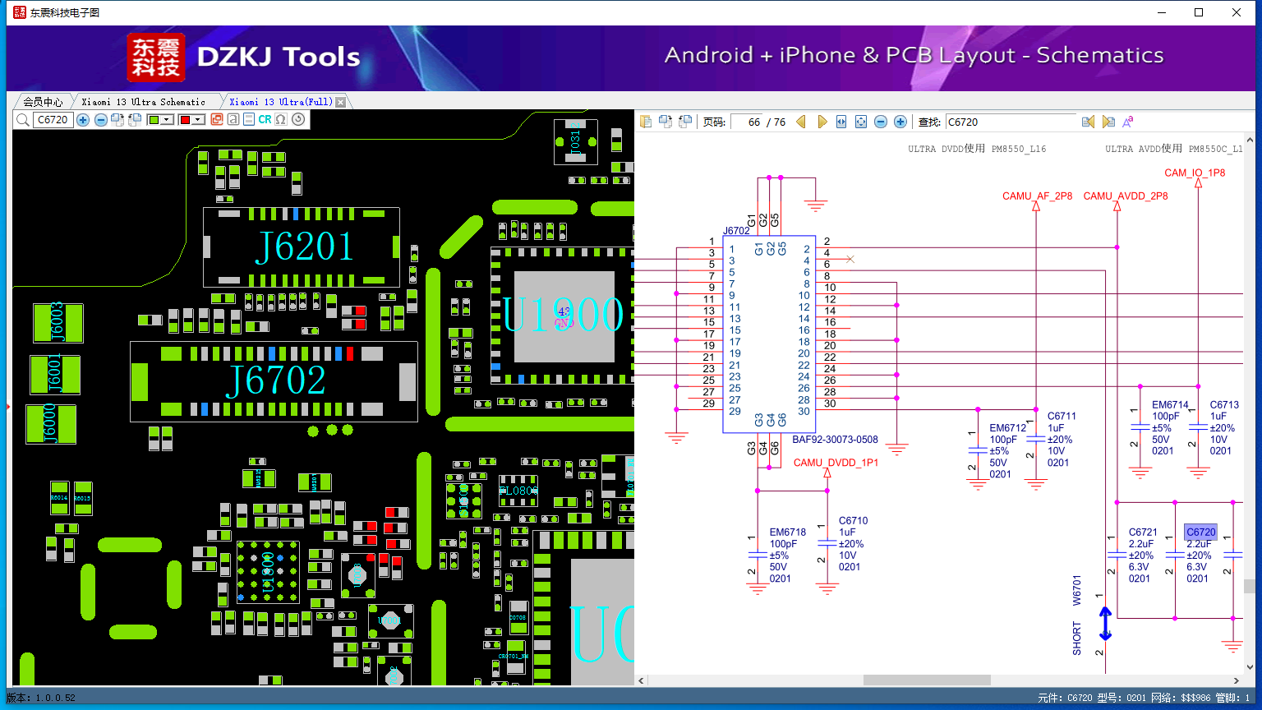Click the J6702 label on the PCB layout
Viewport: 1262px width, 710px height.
(276, 380)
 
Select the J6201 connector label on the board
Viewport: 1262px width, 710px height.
(304, 247)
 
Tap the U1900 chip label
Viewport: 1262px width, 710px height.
(564, 314)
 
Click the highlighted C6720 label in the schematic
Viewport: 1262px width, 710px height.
(1200, 532)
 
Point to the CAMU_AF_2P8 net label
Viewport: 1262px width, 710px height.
(1037, 196)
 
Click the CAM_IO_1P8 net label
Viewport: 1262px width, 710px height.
(1195, 173)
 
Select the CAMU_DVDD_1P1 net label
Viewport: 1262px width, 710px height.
(836, 463)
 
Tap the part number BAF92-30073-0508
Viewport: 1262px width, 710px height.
(835, 440)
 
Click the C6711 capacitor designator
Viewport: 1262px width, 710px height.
(1062, 417)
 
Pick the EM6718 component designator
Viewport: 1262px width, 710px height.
(787, 532)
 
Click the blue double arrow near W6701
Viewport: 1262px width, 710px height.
(1105, 624)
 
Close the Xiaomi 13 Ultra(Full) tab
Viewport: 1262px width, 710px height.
(340, 102)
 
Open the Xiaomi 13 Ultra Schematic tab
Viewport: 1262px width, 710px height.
(144, 102)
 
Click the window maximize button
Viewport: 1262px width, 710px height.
(1199, 12)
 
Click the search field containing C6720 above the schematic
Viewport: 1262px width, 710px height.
(1010, 122)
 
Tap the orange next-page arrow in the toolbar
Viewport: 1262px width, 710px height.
(822, 122)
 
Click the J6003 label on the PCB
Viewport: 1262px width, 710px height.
(57, 321)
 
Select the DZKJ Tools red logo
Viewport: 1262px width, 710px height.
(155, 58)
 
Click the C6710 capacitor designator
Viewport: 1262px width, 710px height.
(853, 521)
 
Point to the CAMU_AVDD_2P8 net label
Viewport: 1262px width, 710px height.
(1125, 196)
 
